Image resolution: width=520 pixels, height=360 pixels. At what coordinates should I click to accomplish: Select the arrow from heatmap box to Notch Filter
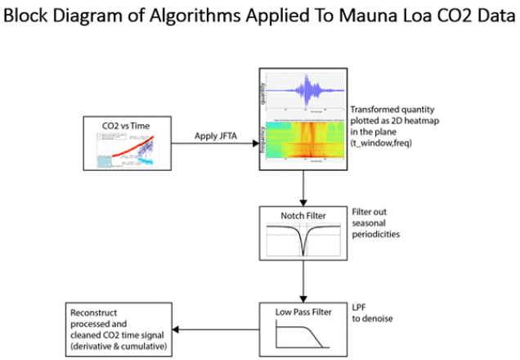pos(303,188)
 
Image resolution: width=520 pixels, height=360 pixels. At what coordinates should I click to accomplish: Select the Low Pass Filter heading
pos(303,313)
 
